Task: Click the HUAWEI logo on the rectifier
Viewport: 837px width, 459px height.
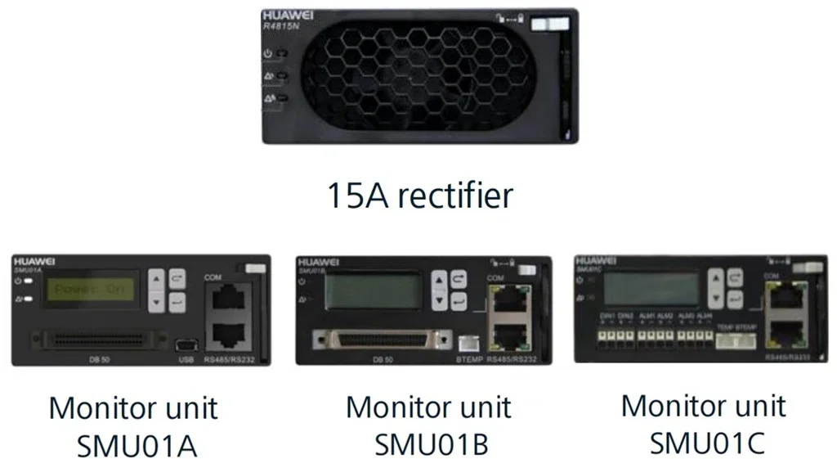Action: (286, 16)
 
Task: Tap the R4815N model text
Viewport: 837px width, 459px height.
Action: (280, 26)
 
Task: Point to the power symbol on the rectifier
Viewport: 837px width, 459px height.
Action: (268, 53)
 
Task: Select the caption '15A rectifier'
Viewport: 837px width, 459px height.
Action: (420, 195)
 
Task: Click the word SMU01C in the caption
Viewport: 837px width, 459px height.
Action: (707, 443)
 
